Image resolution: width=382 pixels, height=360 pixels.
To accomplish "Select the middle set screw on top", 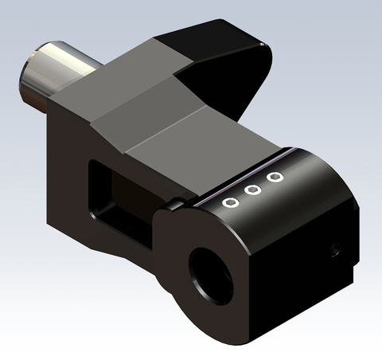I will pos(253,190).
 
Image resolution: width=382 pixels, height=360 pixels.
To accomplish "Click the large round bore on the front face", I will pos(211,272).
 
